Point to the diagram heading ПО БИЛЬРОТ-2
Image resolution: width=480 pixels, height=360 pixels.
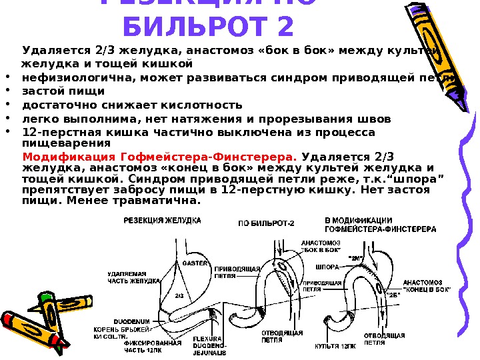pos(265,224)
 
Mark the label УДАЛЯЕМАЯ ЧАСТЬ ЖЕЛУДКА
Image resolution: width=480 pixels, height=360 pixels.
pos(134,277)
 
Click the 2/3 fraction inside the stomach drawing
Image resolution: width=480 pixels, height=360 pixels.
pos(179,295)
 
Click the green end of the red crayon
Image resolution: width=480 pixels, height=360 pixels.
pos(45,299)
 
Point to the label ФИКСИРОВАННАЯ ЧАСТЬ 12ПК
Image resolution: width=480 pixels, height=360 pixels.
pos(134,346)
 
